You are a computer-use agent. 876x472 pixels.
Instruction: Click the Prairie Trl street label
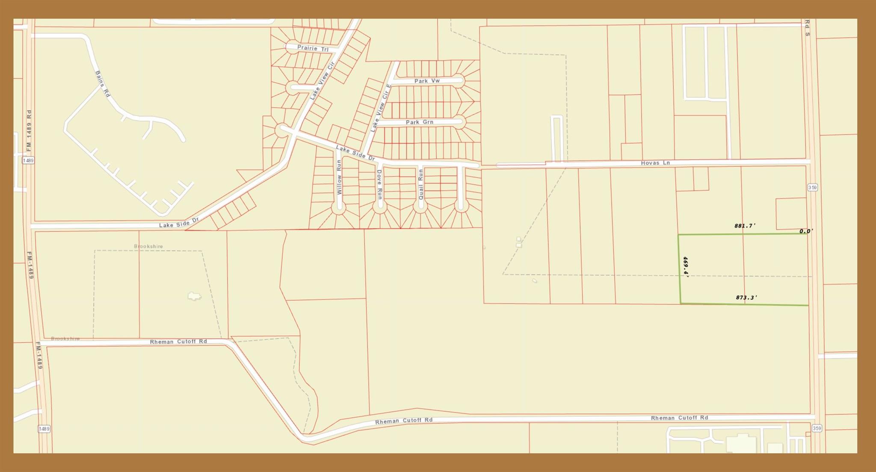[313, 48]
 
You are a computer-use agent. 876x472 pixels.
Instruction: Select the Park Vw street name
[427, 81]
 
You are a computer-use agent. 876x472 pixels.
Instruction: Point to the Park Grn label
[419, 122]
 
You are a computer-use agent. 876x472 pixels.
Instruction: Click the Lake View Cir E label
[381, 108]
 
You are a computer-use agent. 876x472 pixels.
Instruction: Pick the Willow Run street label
[339, 177]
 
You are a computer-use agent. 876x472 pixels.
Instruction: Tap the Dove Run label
[379, 184]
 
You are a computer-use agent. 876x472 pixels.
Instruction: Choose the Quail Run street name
[420, 184]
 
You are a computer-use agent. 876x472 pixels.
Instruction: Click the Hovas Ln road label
[655, 163]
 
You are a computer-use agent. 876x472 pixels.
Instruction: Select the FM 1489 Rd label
[29, 130]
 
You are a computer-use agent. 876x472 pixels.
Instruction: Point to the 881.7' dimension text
[745, 226]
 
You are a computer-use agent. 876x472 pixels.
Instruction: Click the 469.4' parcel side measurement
[685, 267]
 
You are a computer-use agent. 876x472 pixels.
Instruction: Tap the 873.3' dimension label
[746, 298]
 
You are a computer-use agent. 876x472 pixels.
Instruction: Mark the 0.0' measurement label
[806, 231]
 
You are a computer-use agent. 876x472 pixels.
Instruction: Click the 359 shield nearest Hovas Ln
[813, 187]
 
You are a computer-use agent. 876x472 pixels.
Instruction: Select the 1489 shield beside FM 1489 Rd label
[28, 160]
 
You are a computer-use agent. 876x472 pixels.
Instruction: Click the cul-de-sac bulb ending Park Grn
[459, 122]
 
